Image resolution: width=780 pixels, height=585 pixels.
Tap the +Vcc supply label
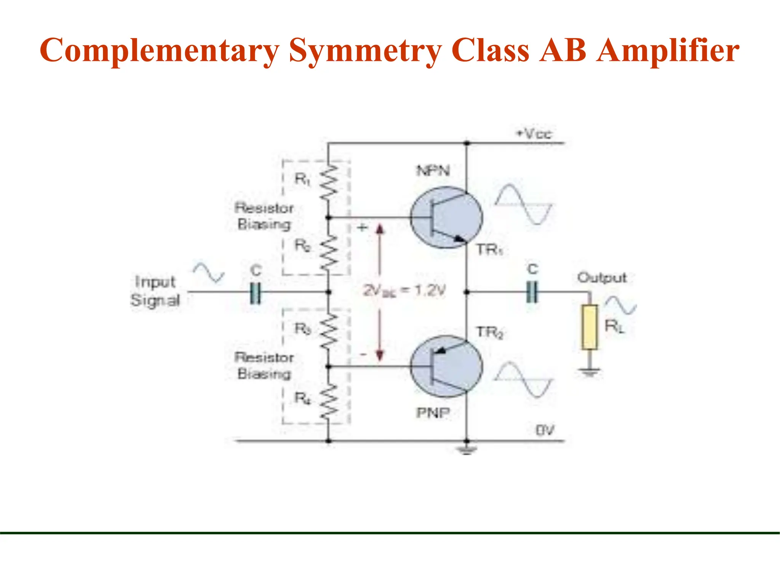click(533, 134)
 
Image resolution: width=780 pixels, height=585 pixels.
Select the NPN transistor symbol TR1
click(446, 217)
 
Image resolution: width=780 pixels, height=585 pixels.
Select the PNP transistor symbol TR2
click(446, 366)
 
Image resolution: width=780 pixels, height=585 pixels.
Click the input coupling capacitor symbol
click(256, 292)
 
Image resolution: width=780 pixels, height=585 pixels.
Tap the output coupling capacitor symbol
click(532, 292)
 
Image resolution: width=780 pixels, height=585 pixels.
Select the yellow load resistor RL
click(589, 327)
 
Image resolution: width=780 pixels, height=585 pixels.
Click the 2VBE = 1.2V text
click(404, 291)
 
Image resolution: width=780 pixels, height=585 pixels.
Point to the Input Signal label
click(155, 291)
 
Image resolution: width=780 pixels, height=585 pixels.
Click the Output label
click(601, 277)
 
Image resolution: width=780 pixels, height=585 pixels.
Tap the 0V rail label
click(545, 430)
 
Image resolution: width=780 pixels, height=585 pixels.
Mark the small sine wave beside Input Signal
click(208, 272)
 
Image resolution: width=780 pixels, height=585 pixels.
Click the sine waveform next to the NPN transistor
click(524, 205)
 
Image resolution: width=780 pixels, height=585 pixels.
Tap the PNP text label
click(433, 412)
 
